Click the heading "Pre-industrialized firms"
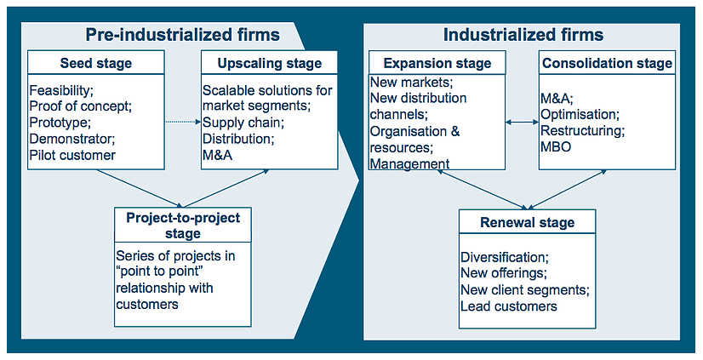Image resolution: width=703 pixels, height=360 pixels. coord(182,35)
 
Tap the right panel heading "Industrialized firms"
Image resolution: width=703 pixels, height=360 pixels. coord(523,35)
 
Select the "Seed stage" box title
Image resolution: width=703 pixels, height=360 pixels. coord(96,63)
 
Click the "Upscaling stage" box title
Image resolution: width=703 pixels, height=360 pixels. coord(270,63)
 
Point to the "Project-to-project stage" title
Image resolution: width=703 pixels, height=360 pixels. coord(183,226)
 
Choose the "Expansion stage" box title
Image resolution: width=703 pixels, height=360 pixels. coord(437,63)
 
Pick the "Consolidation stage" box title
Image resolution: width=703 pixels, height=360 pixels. coord(608,63)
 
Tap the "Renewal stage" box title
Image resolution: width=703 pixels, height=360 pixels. coord(528,223)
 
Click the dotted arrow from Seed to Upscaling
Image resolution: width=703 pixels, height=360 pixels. coord(182,122)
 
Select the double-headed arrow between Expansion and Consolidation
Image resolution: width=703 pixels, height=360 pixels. coord(523,122)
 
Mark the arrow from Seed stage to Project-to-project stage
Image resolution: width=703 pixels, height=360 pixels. coord(140,188)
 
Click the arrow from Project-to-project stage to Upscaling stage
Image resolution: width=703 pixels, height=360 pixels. coord(226,188)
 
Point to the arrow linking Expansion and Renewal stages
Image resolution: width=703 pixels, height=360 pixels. coord(483,189)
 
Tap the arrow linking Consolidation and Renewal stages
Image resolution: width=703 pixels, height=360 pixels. coord(568,189)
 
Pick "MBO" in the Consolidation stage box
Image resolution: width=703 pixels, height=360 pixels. coord(557,146)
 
